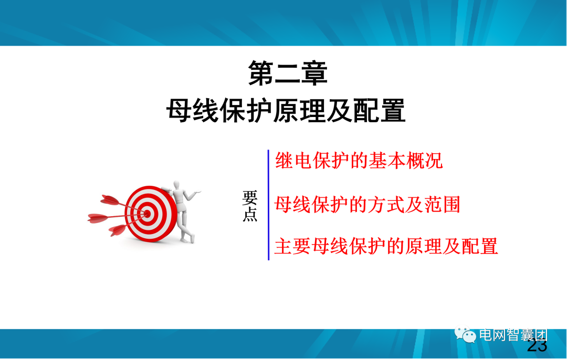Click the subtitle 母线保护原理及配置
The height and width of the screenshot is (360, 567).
(x=286, y=111)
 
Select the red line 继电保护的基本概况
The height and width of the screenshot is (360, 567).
(x=359, y=161)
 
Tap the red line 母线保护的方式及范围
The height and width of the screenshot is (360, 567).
(x=367, y=204)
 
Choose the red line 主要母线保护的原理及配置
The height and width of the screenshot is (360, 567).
(x=386, y=246)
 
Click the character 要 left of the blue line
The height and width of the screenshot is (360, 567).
(x=250, y=198)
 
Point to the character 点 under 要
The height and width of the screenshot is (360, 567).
(x=250, y=215)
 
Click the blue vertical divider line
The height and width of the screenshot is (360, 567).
(x=268, y=205)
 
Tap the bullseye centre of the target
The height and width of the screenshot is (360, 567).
(x=148, y=213)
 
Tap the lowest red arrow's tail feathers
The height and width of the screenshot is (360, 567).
(x=117, y=230)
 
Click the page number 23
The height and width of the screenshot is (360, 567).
(x=537, y=346)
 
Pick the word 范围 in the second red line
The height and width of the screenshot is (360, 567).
(x=446, y=204)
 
